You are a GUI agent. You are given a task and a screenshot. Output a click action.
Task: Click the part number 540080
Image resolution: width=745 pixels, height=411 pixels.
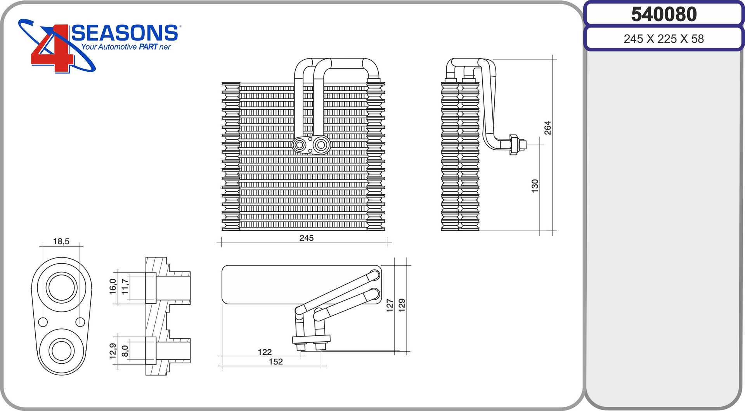tap(664, 14)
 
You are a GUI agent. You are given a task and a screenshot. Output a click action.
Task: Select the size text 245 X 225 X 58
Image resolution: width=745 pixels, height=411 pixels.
tap(664, 39)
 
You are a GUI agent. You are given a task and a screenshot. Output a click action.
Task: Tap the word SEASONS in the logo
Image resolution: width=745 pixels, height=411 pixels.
tap(125, 33)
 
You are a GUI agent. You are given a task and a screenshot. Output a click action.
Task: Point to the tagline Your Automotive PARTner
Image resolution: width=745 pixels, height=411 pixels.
tap(126, 47)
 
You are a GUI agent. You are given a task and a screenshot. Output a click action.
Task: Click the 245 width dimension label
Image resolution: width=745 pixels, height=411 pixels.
tap(306, 238)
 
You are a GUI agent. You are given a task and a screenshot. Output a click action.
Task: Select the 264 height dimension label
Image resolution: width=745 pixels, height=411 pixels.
tap(547, 128)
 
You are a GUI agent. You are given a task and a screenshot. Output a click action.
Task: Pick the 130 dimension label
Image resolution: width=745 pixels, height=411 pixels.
tap(535, 186)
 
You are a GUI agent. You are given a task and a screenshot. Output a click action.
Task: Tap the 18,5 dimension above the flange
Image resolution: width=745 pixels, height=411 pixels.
tap(61, 242)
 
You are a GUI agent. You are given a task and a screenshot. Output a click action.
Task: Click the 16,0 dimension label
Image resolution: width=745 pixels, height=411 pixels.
tap(113, 287)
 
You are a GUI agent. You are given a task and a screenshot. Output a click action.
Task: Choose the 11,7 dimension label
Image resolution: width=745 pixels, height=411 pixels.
tap(125, 287)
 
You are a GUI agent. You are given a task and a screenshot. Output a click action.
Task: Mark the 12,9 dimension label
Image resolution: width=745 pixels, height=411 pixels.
tap(113, 351)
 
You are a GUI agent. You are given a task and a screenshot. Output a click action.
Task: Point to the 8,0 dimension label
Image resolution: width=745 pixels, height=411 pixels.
tap(125, 351)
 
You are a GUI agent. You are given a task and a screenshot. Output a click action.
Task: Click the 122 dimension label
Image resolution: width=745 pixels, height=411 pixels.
tap(265, 352)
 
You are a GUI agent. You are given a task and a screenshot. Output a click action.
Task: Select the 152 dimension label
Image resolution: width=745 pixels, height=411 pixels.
tap(275, 362)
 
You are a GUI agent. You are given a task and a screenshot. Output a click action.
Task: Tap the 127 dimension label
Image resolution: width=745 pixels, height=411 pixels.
tap(390, 305)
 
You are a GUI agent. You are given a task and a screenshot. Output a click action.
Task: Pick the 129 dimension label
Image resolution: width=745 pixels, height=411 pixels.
tap(402, 305)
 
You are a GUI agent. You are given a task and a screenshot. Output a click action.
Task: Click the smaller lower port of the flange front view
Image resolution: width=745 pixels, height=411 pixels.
tap(61, 351)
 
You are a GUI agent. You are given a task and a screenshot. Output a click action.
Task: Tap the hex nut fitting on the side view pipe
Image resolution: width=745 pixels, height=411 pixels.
tap(514, 145)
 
